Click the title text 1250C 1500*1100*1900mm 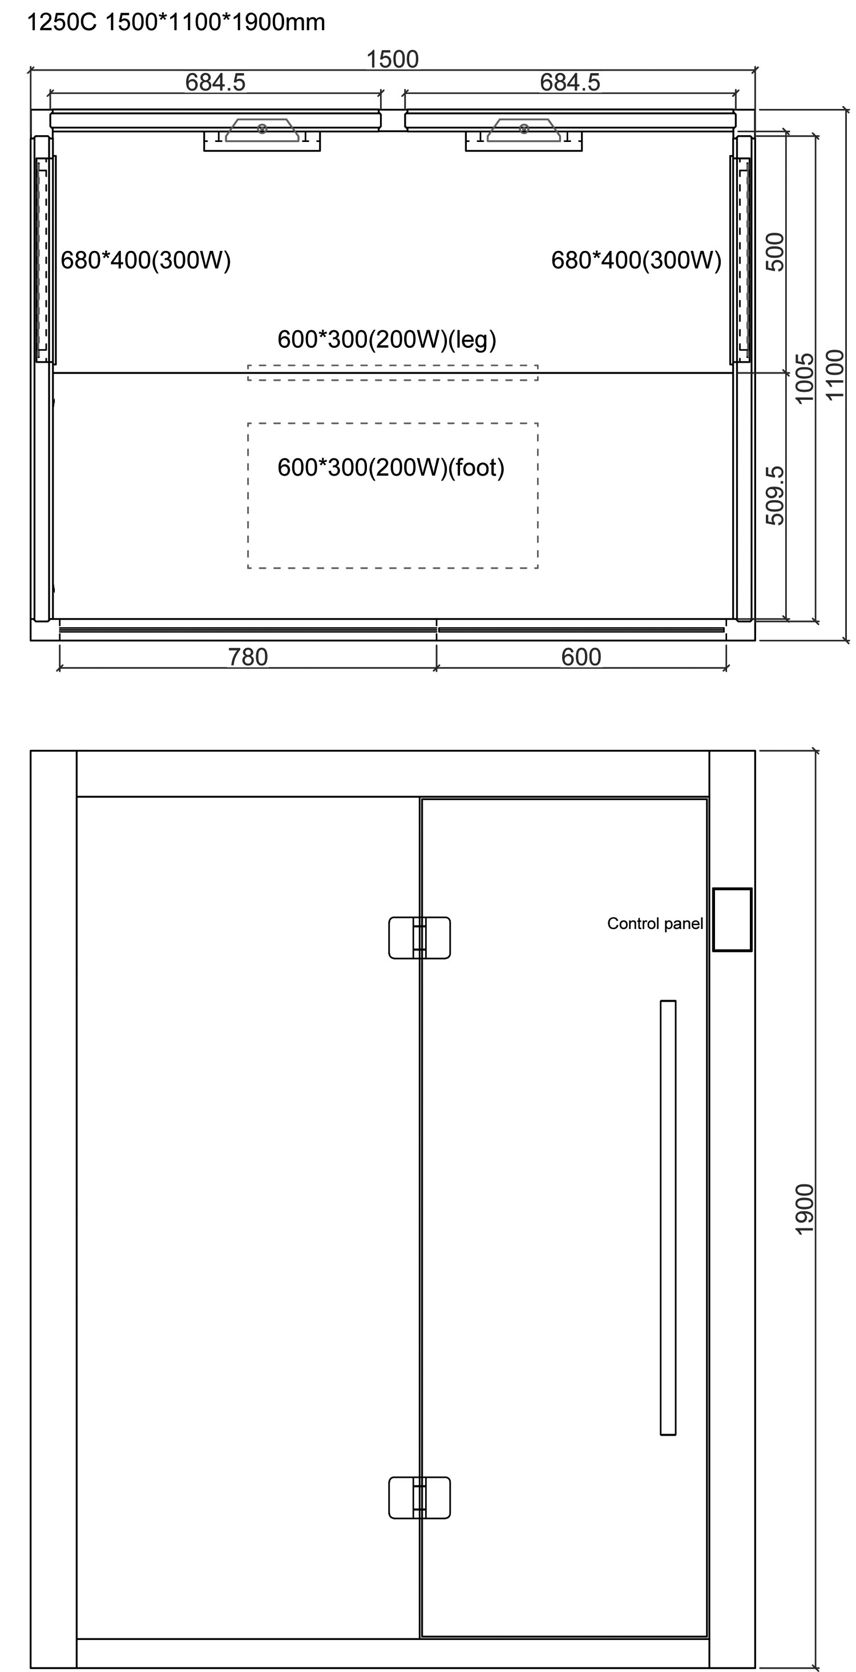(176, 22)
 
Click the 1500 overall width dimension (392, 59)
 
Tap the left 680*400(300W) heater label (146, 260)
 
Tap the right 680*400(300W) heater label (636, 260)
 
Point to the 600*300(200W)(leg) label (387, 339)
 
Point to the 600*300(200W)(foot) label (391, 468)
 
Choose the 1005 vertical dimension (804, 379)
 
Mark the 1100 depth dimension (834, 375)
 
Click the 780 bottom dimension (248, 657)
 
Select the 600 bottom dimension (580, 657)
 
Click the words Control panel (655, 924)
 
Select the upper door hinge (419, 938)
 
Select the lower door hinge (419, 1498)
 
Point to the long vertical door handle (668, 1218)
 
